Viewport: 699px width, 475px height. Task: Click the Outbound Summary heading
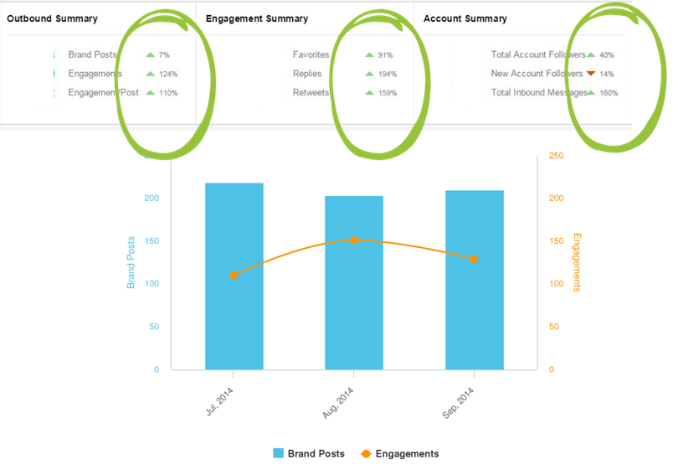pyautogui.click(x=52, y=18)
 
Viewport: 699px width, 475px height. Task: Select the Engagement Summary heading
pyautogui.click(x=256, y=18)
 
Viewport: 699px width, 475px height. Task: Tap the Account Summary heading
pyautogui.click(x=465, y=18)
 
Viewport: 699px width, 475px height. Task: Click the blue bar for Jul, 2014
pyautogui.click(x=234, y=276)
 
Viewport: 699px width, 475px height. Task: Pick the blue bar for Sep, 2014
pyautogui.click(x=474, y=280)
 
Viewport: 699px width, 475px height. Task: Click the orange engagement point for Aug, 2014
pyautogui.click(x=354, y=240)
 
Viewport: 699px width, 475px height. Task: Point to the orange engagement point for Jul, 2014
pyautogui.click(x=234, y=276)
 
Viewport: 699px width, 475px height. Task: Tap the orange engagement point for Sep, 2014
pyautogui.click(x=474, y=260)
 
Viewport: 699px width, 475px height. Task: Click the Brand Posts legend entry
pyautogui.click(x=308, y=454)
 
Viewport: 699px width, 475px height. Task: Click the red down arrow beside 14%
pyautogui.click(x=591, y=74)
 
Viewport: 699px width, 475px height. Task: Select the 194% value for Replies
pyautogui.click(x=386, y=75)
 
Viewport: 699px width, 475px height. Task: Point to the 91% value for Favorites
pyautogui.click(x=385, y=55)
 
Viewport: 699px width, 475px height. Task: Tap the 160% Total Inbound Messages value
pyautogui.click(x=609, y=93)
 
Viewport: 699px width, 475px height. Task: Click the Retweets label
pyautogui.click(x=311, y=93)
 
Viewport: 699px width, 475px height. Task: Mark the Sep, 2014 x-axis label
pyautogui.click(x=460, y=405)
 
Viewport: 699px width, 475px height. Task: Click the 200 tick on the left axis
pyautogui.click(x=151, y=199)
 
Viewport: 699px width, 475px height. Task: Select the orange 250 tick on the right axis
pyautogui.click(x=557, y=156)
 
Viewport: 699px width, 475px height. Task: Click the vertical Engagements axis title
pyautogui.click(x=576, y=262)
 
